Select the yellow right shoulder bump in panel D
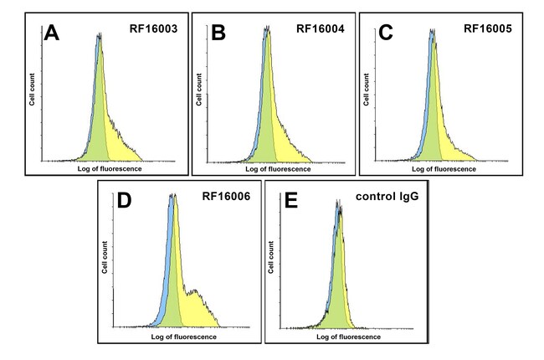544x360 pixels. pos(196,293)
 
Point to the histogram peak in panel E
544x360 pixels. pos(338,203)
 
